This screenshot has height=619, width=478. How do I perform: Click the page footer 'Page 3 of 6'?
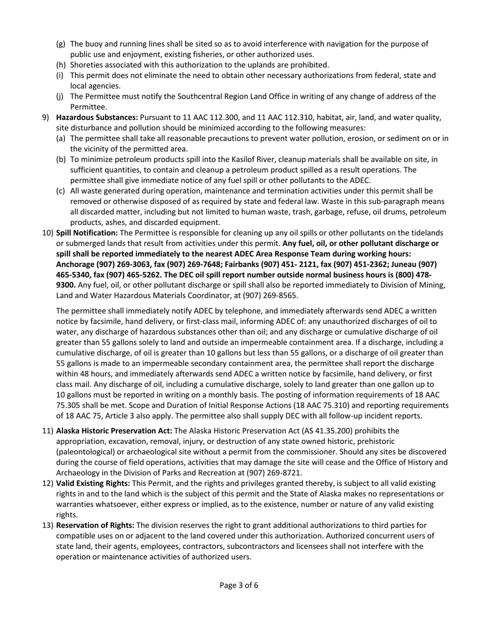click(x=239, y=585)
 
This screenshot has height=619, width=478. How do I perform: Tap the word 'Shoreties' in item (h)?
click(x=87, y=65)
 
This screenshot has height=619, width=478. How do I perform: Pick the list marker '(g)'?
click(x=60, y=44)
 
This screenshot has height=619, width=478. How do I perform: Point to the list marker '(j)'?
click(x=60, y=97)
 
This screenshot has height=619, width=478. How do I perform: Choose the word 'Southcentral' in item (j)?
click(x=190, y=97)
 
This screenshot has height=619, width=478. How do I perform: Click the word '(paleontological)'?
click(x=86, y=452)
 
